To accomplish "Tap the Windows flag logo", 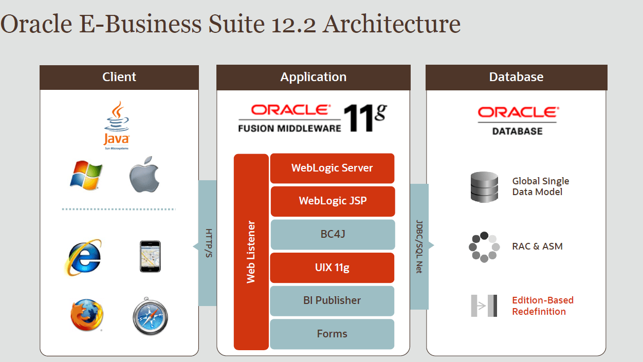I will coord(86,175).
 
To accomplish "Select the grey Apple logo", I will coord(144,175).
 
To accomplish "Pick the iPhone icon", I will coord(150,256).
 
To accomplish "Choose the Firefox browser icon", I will coord(86,315).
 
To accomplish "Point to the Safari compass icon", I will coord(150,316).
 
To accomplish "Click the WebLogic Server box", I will coord(332,168).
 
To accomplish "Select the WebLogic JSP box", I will coord(333,201).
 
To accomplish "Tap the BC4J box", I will coord(332,234).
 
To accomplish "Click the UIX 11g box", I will coord(332,268).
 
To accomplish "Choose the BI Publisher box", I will coord(332,300).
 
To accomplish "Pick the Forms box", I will coord(332,334).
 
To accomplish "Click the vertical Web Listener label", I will coord(251,252).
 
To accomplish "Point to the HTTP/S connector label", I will coord(208,243).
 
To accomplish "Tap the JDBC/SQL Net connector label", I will coord(419,246).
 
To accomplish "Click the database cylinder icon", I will coord(484,187).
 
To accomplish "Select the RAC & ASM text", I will coord(537,246).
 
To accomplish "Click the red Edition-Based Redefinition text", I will coord(542,306).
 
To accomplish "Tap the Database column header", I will coord(516,77).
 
